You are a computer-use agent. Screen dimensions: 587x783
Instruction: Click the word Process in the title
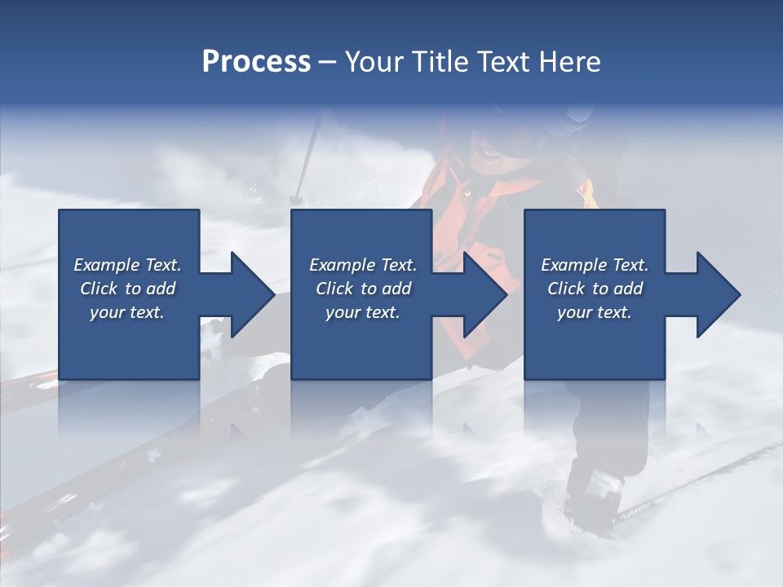(256, 62)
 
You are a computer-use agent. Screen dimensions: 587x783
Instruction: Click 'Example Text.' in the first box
(127, 265)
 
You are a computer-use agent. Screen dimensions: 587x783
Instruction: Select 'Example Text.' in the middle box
(363, 265)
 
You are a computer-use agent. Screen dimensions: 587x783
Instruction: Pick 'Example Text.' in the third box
(595, 265)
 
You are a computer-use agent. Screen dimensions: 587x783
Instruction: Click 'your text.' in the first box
(127, 312)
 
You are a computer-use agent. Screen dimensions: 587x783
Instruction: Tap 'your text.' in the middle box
(363, 312)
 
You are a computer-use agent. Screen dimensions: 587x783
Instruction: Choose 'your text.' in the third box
(595, 312)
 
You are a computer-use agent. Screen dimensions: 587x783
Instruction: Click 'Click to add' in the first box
(127, 289)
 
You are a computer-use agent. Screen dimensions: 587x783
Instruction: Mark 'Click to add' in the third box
(595, 289)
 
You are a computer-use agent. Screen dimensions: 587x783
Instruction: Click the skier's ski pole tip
(296, 198)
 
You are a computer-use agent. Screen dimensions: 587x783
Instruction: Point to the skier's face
(490, 151)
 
